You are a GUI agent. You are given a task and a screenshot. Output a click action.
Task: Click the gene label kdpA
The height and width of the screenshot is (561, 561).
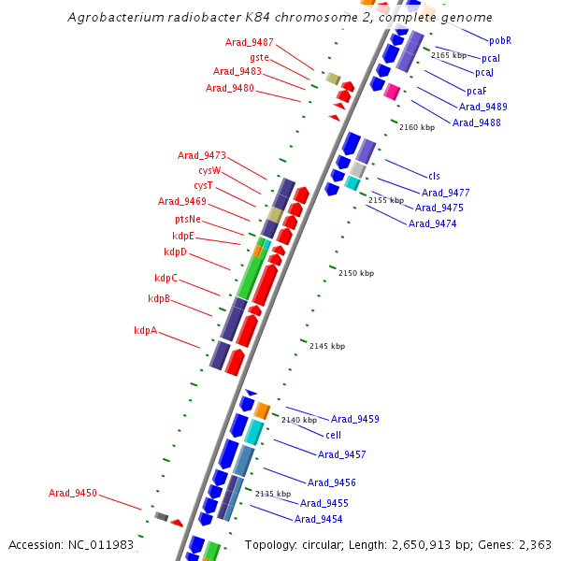click(145, 330)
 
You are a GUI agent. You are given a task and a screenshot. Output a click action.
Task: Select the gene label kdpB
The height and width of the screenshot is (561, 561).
click(159, 298)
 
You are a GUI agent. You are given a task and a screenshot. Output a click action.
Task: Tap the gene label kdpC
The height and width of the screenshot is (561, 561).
click(165, 278)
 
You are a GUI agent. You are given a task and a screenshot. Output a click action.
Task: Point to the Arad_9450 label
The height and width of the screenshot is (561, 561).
click(73, 493)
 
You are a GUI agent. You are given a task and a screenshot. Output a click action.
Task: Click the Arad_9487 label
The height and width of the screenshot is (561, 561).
click(250, 42)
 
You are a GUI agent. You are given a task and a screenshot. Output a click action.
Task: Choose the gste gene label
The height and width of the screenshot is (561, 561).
click(259, 57)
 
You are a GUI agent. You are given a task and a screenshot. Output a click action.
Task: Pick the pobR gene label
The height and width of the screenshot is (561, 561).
click(500, 40)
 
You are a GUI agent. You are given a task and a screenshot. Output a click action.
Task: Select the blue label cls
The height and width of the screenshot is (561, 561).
click(434, 176)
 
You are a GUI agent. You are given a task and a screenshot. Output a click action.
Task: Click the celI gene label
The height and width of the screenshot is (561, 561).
click(333, 435)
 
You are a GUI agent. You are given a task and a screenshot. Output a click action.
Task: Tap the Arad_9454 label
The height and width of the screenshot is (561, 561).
click(318, 519)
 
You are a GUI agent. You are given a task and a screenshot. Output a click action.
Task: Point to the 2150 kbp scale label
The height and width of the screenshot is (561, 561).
click(356, 273)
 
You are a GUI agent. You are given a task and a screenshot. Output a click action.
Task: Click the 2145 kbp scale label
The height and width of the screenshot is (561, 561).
click(327, 346)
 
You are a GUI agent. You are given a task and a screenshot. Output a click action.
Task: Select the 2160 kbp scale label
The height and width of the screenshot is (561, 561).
click(417, 127)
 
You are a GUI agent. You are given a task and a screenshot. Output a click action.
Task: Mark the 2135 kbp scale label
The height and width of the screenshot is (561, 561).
click(273, 494)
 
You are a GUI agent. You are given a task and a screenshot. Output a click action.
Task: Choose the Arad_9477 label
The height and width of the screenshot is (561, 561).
click(446, 193)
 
